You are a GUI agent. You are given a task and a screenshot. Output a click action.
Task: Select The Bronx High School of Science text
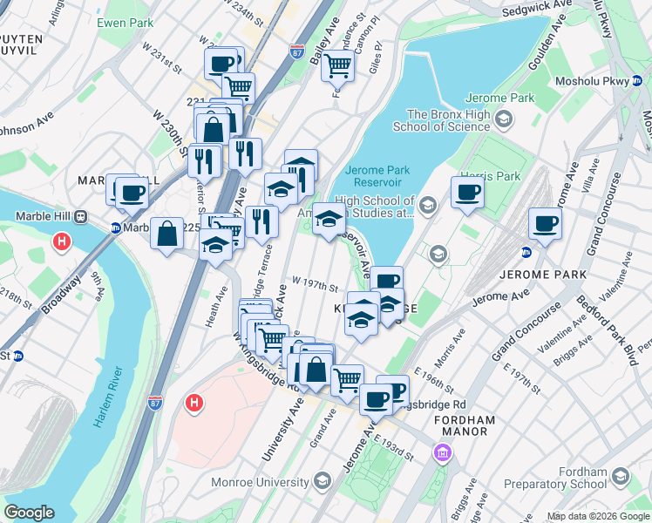[448, 120]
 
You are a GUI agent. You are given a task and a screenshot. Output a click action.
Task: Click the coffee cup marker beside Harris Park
[467, 193]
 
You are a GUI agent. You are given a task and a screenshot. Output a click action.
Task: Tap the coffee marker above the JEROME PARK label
[545, 224]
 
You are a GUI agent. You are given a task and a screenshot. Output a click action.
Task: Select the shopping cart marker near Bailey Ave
[337, 65]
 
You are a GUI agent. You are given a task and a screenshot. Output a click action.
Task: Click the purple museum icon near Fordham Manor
[442, 453]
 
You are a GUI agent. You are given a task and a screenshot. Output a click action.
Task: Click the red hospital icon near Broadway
[62, 241]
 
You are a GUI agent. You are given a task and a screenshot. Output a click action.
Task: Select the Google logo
[29, 513]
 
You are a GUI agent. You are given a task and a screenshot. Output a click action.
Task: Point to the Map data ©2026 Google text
[597, 516]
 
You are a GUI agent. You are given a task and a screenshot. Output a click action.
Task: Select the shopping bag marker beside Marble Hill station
[166, 233]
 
